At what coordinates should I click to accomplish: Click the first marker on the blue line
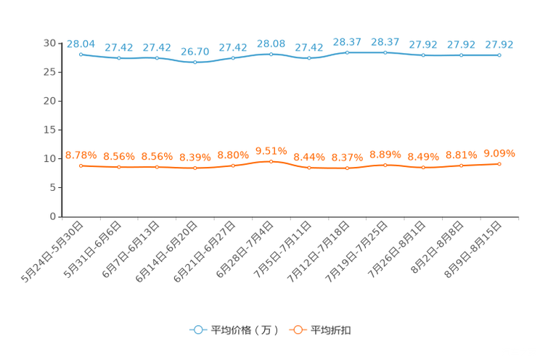[81, 54]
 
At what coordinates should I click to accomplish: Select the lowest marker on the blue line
[195, 63]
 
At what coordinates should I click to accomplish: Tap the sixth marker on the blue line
[271, 54]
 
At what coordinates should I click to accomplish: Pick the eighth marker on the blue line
[348, 52]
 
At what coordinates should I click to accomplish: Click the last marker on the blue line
[499, 55]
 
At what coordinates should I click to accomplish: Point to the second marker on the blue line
[119, 58]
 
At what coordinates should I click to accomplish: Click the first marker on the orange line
[81, 165]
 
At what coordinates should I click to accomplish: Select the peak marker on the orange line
[271, 162]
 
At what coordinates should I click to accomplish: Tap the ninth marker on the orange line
[385, 165]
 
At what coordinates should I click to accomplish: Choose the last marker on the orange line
[499, 164]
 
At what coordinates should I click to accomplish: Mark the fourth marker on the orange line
[195, 168]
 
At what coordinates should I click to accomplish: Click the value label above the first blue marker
[81, 44]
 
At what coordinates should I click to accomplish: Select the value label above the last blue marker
[499, 45]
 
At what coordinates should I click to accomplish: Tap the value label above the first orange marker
[81, 155]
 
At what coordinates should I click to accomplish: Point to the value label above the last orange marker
[499, 153]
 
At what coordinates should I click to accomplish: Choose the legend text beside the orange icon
[332, 330]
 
